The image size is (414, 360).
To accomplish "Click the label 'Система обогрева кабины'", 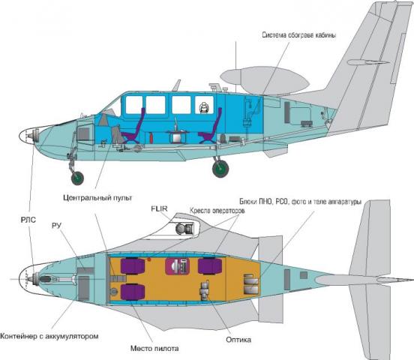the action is (299, 35).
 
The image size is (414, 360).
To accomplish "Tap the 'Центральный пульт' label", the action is (97, 198).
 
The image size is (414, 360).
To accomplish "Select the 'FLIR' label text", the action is (159, 208).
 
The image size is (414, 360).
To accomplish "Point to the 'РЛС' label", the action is (28, 220).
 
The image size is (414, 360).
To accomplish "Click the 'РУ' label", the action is (57, 226).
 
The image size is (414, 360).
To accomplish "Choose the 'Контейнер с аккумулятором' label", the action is (49, 337).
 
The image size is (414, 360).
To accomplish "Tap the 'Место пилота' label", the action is (154, 349).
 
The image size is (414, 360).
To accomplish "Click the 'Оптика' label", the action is (238, 340).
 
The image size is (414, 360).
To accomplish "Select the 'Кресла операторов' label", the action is (217, 211).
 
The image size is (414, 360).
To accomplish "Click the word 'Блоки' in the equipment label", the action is (248, 202).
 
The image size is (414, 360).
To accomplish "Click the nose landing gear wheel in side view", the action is (77, 178).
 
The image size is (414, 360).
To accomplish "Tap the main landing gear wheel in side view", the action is (220, 169).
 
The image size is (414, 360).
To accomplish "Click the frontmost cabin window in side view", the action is (134, 105).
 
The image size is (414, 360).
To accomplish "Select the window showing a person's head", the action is (204, 105).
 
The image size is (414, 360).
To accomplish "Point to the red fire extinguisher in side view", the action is (151, 138).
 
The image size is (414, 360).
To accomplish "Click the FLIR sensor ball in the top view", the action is (181, 229).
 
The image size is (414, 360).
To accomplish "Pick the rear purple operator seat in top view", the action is (210, 266).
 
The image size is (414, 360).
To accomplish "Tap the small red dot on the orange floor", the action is (149, 259).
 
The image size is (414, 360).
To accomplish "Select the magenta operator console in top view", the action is (177, 266).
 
